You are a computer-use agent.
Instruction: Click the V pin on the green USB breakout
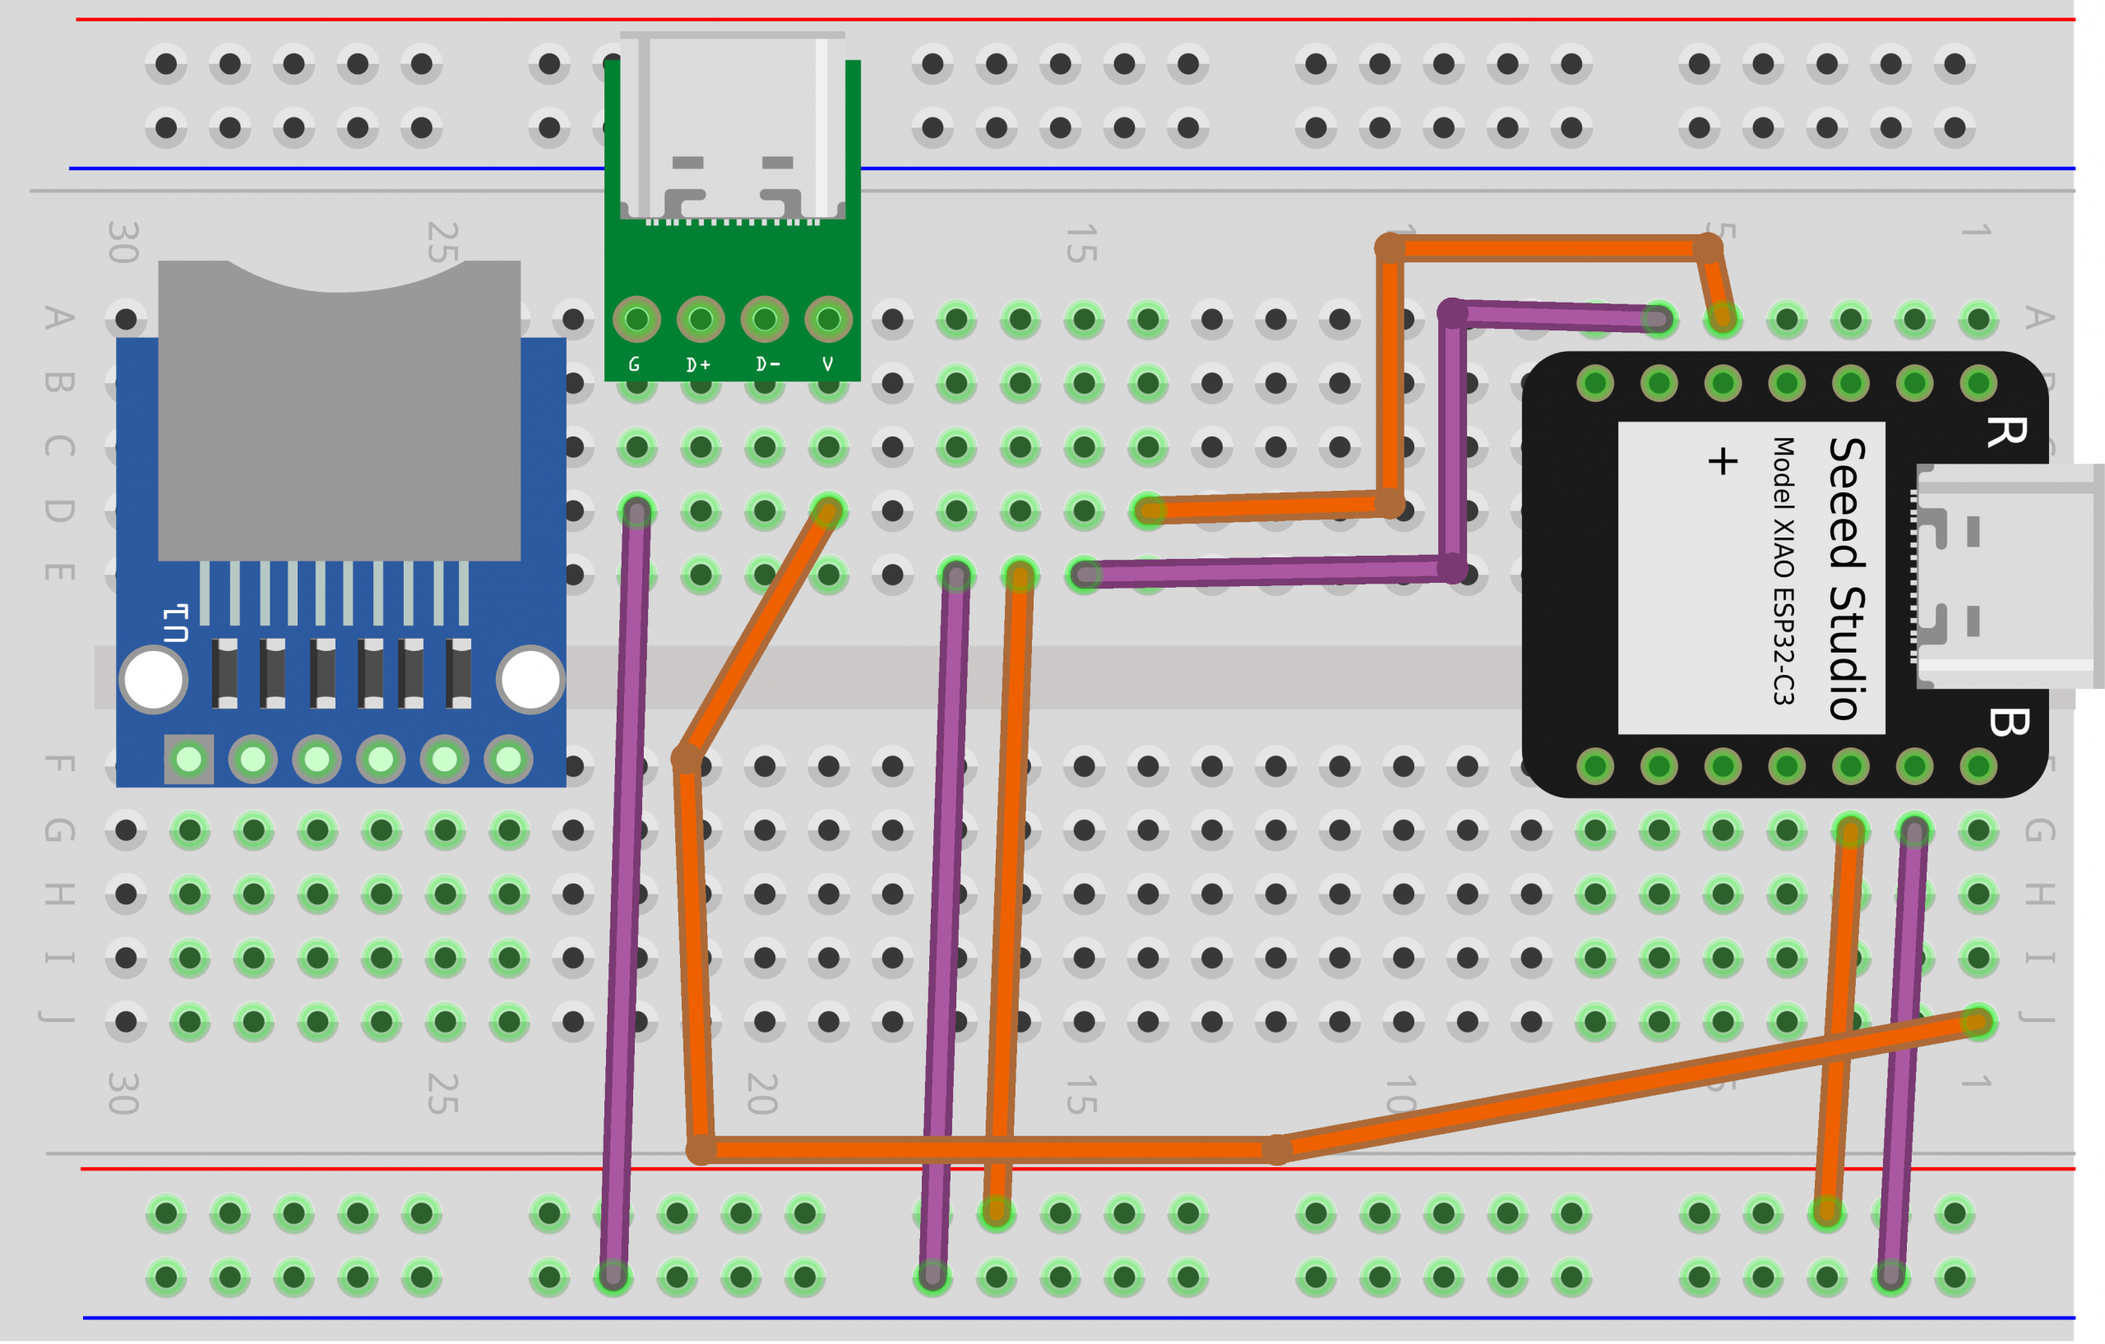pos(828,320)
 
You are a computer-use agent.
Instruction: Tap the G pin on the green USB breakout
pos(636,320)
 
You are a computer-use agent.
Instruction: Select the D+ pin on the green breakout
pos(701,320)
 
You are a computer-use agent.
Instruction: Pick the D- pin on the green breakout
pos(764,320)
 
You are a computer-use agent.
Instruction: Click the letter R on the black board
pos(2006,432)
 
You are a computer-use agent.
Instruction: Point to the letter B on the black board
pos(2008,722)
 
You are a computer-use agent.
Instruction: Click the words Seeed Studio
pos(1846,579)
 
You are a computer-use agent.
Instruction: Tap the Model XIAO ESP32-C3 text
pos(1783,571)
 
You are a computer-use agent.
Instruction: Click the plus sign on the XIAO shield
pos(1722,461)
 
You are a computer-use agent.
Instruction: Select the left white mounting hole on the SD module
pos(154,680)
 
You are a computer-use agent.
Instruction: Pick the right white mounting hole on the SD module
pos(530,680)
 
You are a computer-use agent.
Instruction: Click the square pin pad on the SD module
pos(189,760)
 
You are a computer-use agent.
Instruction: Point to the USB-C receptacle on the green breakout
pos(733,127)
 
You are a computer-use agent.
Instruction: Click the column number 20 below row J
pos(762,1093)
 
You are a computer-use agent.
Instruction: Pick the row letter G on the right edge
pos(2038,830)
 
